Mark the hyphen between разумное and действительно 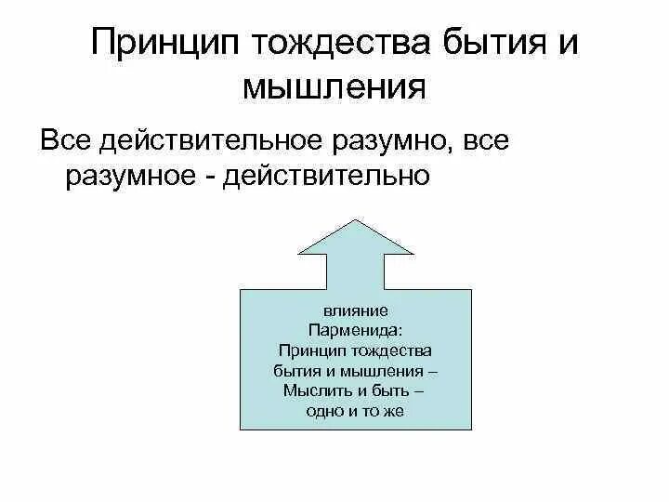tap(226, 175)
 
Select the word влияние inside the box tap(356, 311)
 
